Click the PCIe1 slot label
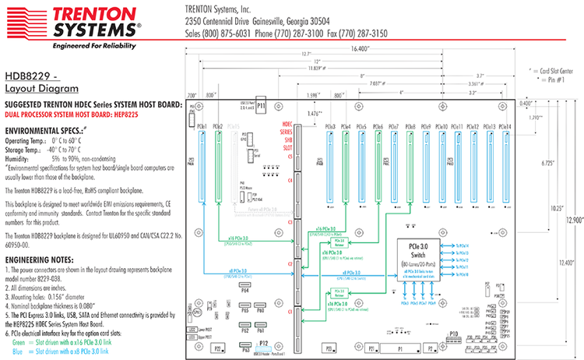coord(201,126)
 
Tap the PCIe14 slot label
coord(506,126)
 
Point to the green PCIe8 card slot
coord(410,168)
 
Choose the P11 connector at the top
coord(262,105)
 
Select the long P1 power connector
coord(400,348)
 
